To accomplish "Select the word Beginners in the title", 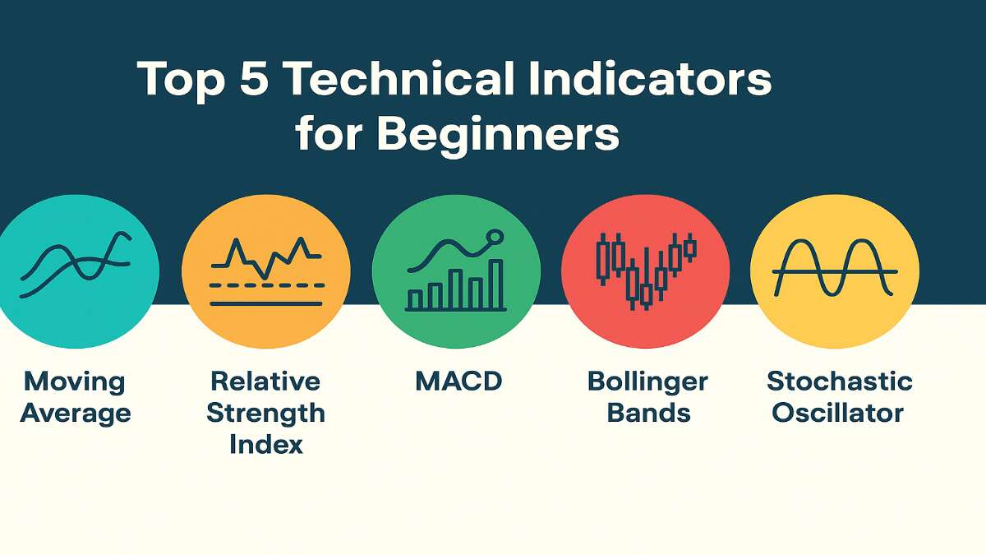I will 497,133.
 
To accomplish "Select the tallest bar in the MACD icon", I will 495,284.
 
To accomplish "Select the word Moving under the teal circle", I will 75,382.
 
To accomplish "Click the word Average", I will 75,413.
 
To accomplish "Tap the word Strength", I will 265,413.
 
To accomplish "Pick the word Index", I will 265,444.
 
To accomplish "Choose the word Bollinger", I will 647,382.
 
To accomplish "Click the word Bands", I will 647,413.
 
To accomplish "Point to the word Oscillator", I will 838,413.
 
